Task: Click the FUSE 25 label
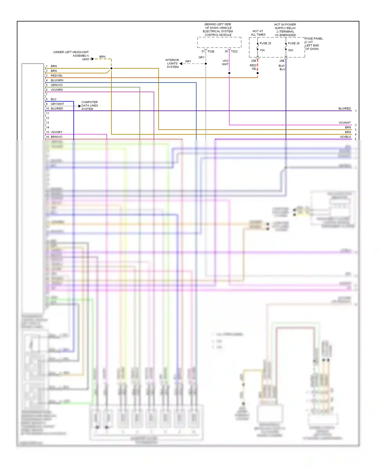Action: (x=265, y=43)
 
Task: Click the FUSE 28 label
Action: (x=294, y=43)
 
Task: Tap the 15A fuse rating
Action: (x=262, y=50)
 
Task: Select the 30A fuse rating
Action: (x=291, y=50)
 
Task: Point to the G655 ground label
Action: (x=86, y=59)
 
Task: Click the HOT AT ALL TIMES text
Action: (x=258, y=33)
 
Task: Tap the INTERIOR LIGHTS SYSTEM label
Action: (x=172, y=64)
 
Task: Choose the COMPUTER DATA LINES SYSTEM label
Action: (x=90, y=106)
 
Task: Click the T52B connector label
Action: (x=211, y=52)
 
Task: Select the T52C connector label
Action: (x=234, y=52)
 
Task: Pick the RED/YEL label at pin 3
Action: (x=57, y=76)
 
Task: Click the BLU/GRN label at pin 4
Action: (x=57, y=80)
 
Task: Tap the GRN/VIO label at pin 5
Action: (x=57, y=85)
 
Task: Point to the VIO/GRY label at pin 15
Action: (x=56, y=132)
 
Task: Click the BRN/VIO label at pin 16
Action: (x=56, y=137)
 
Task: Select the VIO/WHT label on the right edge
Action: (x=344, y=123)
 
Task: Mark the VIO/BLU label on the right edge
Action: (x=345, y=137)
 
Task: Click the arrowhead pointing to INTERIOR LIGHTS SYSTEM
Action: (x=181, y=64)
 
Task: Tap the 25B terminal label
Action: (x=253, y=61)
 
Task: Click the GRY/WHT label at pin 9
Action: (x=57, y=104)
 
